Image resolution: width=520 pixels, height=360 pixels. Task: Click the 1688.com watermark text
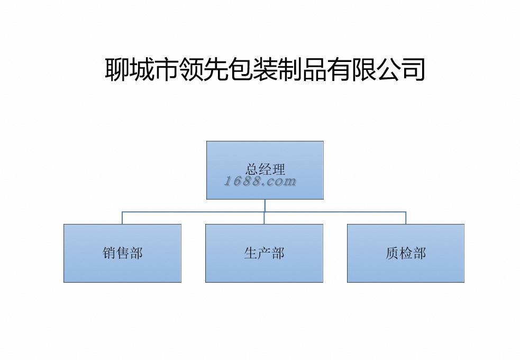coord(260,182)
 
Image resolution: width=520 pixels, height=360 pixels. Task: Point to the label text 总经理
coord(265,169)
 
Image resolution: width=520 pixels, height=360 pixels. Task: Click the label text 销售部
coord(122,253)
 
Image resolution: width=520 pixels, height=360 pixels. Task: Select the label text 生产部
coord(264,253)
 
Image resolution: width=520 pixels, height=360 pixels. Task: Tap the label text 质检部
coord(406,253)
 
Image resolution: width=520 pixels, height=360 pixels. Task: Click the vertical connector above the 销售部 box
coord(122,218)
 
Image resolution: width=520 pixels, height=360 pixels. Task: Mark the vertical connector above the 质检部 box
coord(406,218)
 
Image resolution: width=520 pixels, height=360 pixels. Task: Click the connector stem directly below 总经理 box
coord(264,205)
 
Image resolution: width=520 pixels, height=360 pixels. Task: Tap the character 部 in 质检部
coord(419,253)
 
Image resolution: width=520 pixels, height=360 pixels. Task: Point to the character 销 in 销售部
coord(109,253)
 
